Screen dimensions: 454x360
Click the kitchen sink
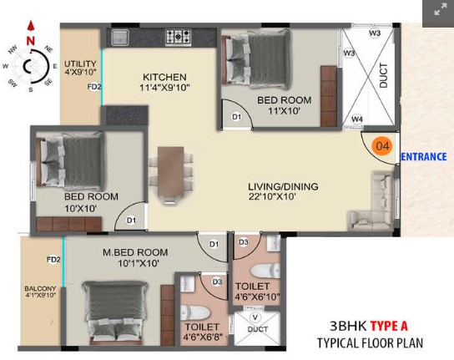120,38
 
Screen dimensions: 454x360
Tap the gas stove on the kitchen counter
178,38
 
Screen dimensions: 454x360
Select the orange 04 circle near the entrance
382,145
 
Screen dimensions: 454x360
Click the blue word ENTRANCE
423,157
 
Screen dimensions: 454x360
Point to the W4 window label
357,119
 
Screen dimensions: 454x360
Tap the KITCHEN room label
164,77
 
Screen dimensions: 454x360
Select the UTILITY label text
80,63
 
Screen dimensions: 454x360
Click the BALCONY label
40,289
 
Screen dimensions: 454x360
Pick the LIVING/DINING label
283,186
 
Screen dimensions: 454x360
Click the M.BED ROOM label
135,252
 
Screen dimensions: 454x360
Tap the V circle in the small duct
255,317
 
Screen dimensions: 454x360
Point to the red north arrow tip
31,22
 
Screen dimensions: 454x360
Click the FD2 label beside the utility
94,87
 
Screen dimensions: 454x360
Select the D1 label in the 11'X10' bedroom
236,117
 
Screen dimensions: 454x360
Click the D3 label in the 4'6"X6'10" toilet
244,242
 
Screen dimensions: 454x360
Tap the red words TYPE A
389,326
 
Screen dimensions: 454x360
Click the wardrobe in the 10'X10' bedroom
69,224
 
